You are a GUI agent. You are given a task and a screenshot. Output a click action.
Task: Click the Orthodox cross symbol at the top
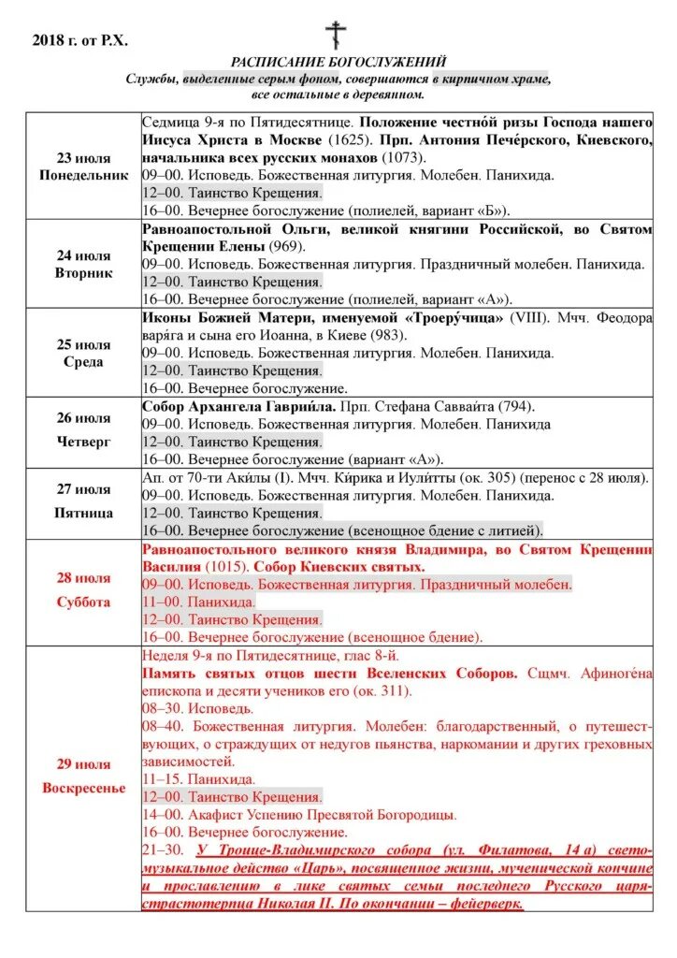point(336,35)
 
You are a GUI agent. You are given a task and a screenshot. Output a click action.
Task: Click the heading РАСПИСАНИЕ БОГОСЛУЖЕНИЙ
point(338,62)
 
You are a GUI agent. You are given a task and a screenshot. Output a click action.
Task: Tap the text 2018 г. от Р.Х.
point(80,39)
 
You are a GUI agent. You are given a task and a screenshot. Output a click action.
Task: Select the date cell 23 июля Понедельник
point(83,167)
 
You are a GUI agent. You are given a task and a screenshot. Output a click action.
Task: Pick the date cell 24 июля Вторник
point(83,264)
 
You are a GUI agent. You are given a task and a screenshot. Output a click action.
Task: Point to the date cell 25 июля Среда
point(83,353)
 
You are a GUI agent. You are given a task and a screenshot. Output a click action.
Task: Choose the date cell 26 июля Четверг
point(83,432)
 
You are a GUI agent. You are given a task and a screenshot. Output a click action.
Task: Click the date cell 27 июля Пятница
point(83,503)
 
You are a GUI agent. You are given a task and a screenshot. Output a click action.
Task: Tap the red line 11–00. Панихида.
point(198,602)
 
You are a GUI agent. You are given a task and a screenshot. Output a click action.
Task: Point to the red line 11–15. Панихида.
point(198,778)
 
